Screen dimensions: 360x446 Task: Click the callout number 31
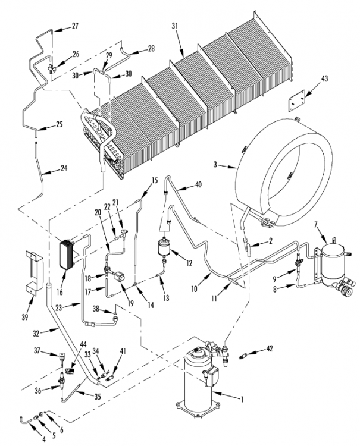(x=175, y=26)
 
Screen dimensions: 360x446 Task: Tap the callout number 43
(x=324, y=78)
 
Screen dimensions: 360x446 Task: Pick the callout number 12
(x=189, y=263)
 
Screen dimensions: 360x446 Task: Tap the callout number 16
(x=60, y=292)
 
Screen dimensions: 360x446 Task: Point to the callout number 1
(x=242, y=400)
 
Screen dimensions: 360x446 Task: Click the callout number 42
(x=269, y=348)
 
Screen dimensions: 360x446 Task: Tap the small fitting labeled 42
(x=243, y=356)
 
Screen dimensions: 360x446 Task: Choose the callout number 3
(x=215, y=164)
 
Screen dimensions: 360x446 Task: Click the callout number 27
(x=75, y=26)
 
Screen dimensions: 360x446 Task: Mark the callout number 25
(x=59, y=124)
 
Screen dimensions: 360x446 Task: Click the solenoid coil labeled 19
(x=120, y=277)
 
